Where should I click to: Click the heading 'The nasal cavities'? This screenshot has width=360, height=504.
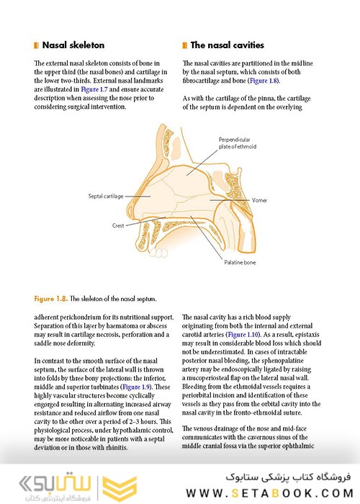coord(228,45)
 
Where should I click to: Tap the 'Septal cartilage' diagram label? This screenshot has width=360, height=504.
coord(106,195)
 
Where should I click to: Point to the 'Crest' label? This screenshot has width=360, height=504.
coord(118,225)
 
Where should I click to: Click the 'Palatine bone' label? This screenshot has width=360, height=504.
coord(240,264)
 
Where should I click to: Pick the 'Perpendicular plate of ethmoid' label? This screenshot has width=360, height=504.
coord(239,143)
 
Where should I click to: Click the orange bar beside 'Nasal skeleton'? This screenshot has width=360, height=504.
coord(36,45)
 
